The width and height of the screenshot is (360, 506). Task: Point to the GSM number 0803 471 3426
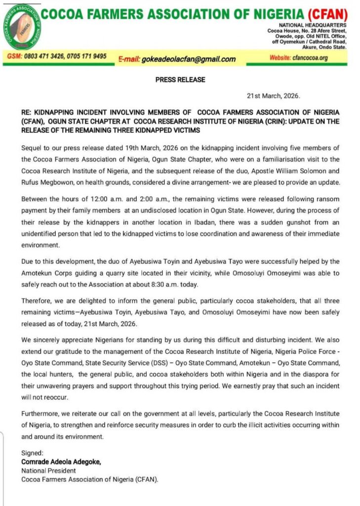point(46,56)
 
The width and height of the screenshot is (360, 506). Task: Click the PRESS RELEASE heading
point(180,80)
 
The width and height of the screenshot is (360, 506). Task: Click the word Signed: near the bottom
point(32,453)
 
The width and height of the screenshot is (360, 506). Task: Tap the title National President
point(48,470)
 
